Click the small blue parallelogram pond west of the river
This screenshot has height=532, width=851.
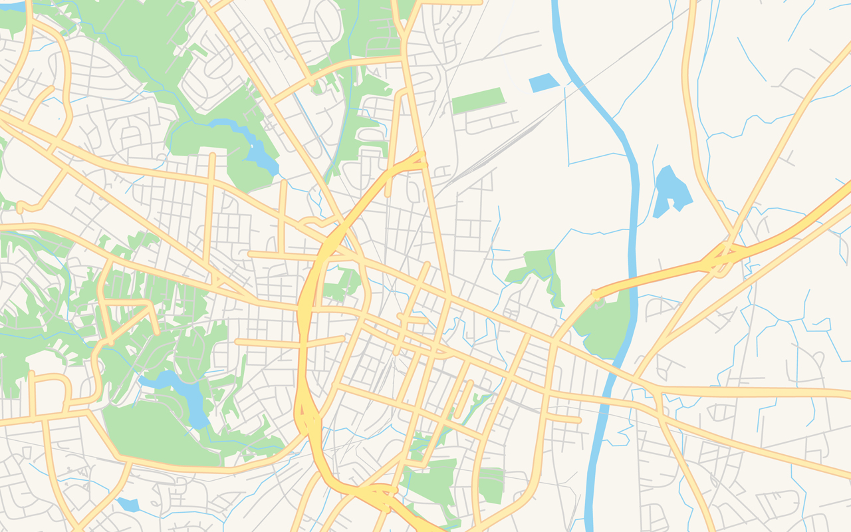[543, 82]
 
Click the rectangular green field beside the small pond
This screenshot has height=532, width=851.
[477, 100]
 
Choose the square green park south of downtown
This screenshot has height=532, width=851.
[492, 485]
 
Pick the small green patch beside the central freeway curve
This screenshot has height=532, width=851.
[342, 283]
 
